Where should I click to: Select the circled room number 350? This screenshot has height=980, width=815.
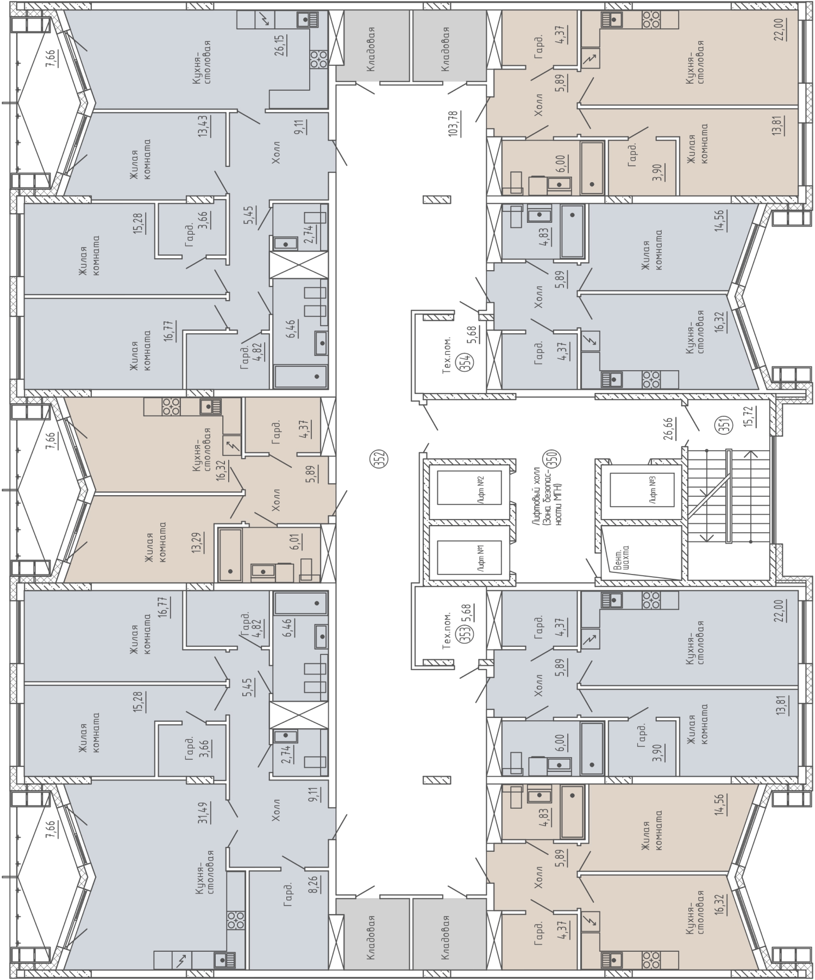(556, 460)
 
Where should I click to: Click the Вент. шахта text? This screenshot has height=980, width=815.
(622, 557)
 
